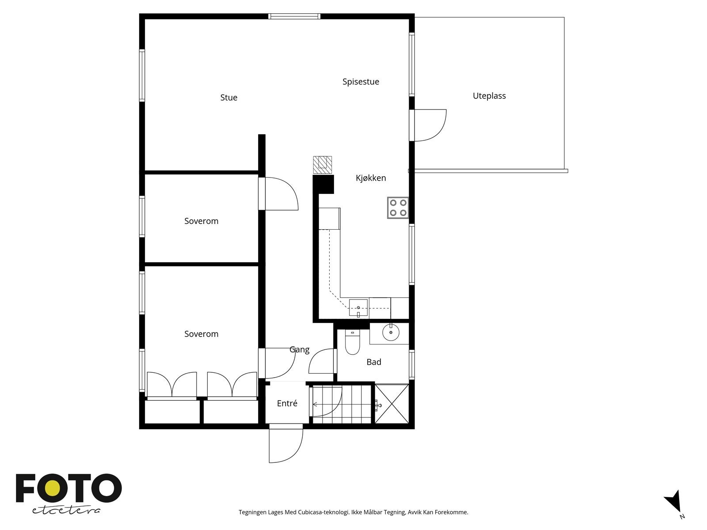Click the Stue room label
229,98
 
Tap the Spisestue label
361,82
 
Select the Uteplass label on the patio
489,96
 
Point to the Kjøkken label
371,178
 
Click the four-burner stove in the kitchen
398,208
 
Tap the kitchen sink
358,308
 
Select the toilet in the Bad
352,342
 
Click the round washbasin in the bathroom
391,332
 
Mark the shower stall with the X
392,404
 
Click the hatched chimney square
323,165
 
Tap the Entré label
287,403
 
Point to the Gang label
300,349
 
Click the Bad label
374,362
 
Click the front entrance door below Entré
286,445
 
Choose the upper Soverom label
201,221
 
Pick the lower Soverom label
201,334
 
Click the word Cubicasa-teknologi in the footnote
324,512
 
